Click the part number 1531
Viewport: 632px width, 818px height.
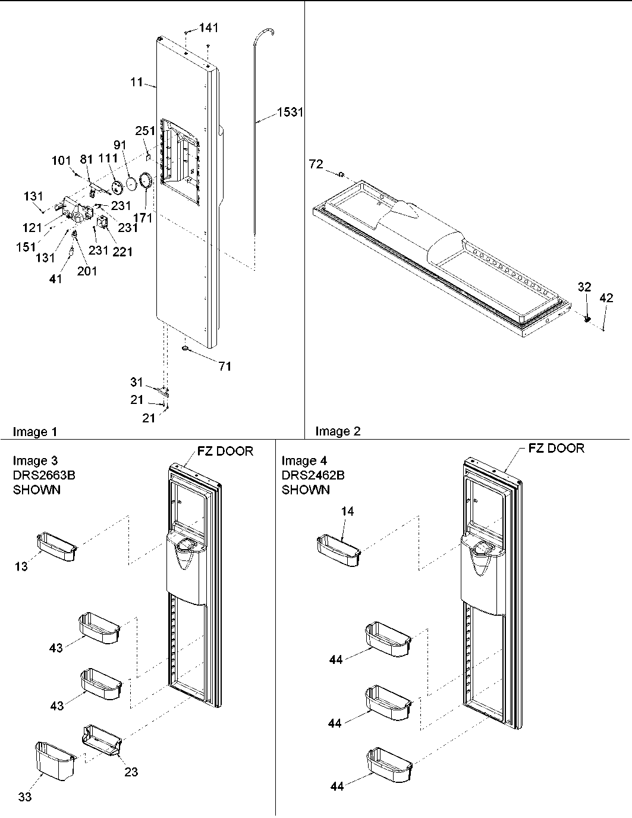coord(290,112)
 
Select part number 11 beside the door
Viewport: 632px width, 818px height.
coord(137,82)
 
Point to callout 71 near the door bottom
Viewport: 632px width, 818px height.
coord(225,366)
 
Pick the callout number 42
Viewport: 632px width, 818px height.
coord(606,299)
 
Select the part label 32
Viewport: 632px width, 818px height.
coord(584,287)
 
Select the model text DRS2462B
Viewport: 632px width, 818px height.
coord(313,475)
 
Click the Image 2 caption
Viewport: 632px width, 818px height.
coord(338,431)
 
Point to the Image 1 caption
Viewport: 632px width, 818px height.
coord(35,432)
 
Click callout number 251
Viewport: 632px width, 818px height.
coord(145,131)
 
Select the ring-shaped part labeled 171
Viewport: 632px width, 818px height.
coord(146,181)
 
